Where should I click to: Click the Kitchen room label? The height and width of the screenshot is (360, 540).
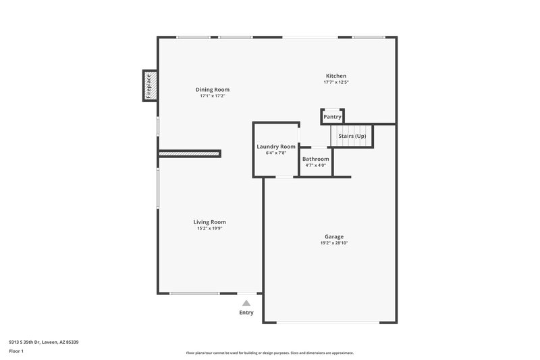pos(336,76)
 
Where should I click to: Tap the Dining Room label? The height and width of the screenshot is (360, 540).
pos(213,90)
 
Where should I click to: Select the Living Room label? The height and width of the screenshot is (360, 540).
pos(209,222)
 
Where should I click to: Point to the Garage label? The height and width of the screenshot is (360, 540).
pos(334,236)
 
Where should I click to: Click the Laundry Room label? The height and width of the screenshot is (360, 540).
pos(276,147)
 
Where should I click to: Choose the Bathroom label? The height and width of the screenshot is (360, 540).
pos(315,159)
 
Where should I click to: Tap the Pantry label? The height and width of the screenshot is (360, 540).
pos(332,117)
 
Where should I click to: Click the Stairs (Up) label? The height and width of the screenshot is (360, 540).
pos(352,136)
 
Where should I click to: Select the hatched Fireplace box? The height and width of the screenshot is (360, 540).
pos(150,86)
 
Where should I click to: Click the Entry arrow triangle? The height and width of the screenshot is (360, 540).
pos(246,303)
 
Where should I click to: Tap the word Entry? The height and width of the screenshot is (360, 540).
pos(246,313)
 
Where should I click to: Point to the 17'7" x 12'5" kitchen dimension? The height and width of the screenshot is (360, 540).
pos(336,82)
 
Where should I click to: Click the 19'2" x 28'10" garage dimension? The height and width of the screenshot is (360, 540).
pos(334,243)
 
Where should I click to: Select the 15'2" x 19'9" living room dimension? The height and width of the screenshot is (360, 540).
pos(209,228)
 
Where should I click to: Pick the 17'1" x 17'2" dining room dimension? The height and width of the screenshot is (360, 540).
pos(213,96)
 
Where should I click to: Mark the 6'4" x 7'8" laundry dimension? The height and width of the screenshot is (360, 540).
pos(276,153)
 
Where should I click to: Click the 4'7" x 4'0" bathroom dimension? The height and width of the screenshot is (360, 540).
pos(315,165)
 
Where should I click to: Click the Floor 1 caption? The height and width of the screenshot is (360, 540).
pos(16,352)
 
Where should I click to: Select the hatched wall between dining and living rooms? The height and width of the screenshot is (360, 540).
pos(190,154)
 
